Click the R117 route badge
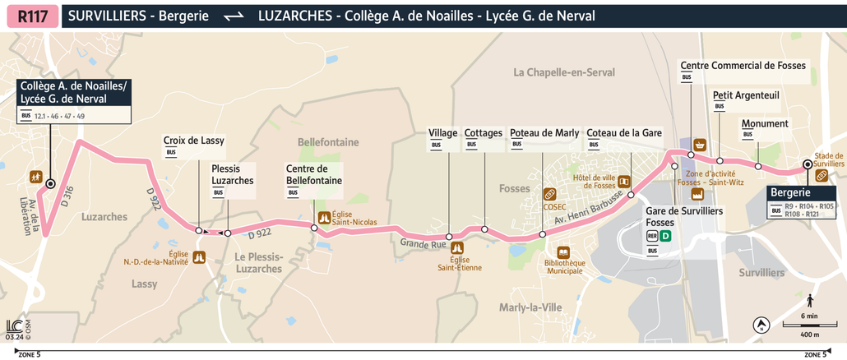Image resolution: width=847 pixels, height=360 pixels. coord(32,16)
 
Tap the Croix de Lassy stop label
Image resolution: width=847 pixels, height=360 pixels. coord(193,141)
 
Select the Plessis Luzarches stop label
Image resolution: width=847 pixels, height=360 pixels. coord(233,174)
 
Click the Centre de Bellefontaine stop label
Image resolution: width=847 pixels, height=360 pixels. coord(313,174)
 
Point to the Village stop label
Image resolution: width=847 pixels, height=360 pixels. coord(443,133)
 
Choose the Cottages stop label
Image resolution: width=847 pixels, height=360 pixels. coord(483,133)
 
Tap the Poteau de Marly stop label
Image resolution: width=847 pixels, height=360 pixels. coord(544,133)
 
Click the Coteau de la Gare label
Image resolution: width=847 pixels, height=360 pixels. coord(624,133)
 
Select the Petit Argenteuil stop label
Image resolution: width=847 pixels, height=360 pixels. coord(746,95)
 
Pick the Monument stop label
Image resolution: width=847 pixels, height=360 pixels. coord(765,124)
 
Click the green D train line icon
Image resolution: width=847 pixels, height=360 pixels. coord(666,236)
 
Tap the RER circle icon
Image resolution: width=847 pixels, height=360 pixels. coord(652,236)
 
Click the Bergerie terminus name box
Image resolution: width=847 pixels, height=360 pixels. coord(790,192)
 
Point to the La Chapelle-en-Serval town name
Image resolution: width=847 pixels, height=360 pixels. coord(564,72)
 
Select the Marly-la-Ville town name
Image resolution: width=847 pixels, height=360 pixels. coord(530,307)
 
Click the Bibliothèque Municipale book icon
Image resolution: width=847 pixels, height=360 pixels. coord(563,252)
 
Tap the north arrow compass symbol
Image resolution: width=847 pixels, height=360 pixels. coord(761,325)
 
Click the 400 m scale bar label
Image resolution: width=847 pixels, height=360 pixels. coord(810,335)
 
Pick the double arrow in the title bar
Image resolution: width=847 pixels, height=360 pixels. coord(234,16)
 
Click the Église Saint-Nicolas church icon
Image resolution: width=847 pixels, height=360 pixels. coord(324,218)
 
